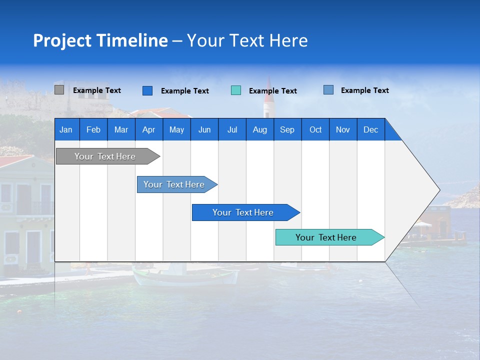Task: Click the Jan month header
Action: pos(66,129)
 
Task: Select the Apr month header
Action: pos(148,129)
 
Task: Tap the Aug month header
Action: pos(259,129)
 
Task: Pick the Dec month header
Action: pos(370,129)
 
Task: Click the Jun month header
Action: pos(204,129)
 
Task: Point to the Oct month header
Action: pos(315,129)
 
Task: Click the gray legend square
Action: pos(59,90)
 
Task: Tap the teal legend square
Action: pos(236,90)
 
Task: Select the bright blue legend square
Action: pos(147,90)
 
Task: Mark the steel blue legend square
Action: pos(328,90)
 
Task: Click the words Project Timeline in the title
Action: pos(100,40)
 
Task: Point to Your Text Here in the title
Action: pos(247,40)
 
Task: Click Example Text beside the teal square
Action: pos(272,91)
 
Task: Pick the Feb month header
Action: pos(93,129)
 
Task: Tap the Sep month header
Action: pos(287,129)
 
